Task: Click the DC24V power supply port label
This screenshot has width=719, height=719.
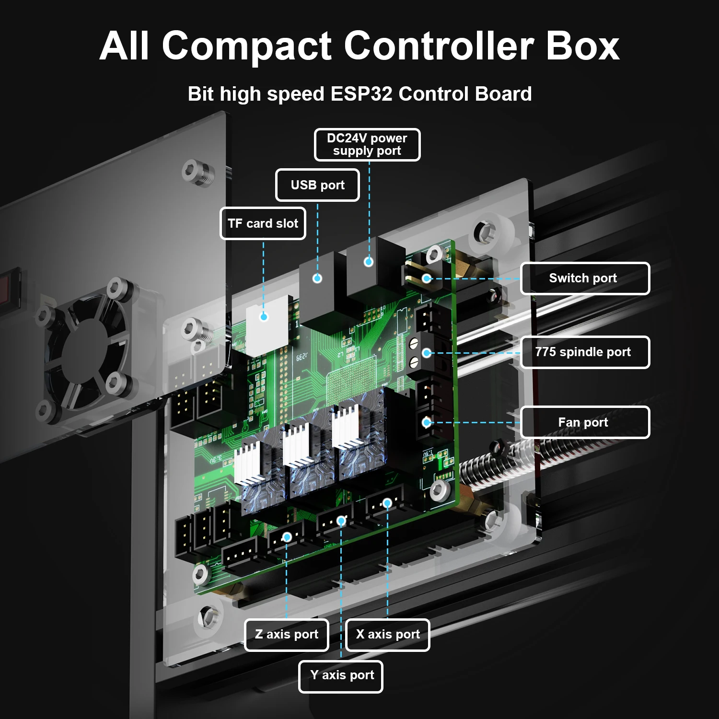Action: coord(367,144)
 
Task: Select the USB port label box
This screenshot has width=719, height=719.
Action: coord(317,185)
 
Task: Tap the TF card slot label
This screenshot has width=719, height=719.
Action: coord(263,223)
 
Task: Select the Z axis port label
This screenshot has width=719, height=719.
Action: coord(287,635)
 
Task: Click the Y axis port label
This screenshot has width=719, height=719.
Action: coord(341,676)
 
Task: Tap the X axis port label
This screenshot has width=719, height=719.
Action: coord(387,635)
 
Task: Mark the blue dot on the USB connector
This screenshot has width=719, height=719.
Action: coord(317,278)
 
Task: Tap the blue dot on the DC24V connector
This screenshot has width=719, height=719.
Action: coord(368,262)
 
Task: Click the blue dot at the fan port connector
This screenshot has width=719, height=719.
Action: coord(426,422)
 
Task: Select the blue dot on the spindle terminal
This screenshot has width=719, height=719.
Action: coord(426,353)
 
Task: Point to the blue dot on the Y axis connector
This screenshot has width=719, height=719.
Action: coord(341,521)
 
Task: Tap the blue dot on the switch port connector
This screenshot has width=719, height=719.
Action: coord(426,278)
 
